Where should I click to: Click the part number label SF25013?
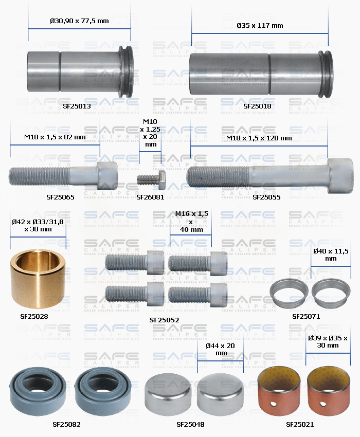coord(77,106)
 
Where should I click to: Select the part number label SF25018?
coord(257,106)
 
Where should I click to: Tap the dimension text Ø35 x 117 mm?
coord(260,25)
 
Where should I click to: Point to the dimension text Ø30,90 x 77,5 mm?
coord(79,21)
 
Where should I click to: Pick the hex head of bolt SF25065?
coord(107,175)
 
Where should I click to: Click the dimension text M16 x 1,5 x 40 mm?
coord(190,222)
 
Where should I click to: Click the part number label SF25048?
coord(190,425)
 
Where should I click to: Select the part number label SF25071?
coord(306,316)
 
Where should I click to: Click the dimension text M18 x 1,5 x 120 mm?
coord(259,138)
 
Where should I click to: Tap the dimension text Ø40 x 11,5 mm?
coord(331,254)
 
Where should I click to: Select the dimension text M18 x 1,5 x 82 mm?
coord(55,137)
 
